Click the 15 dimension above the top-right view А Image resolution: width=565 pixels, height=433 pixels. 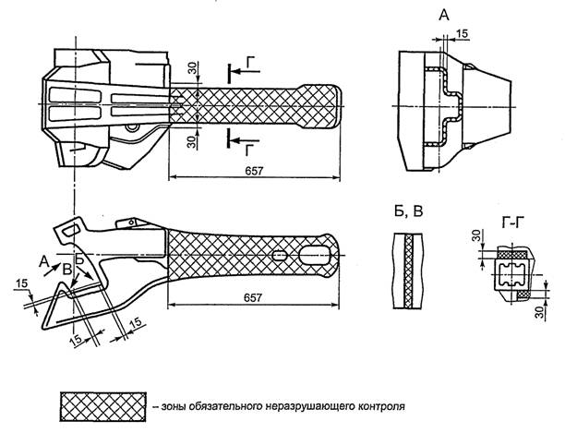[462, 34]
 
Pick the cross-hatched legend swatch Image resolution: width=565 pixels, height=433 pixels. [101, 404]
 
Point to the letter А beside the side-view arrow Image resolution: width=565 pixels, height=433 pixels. [45, 260]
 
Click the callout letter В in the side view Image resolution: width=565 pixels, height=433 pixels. [66, 269]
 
